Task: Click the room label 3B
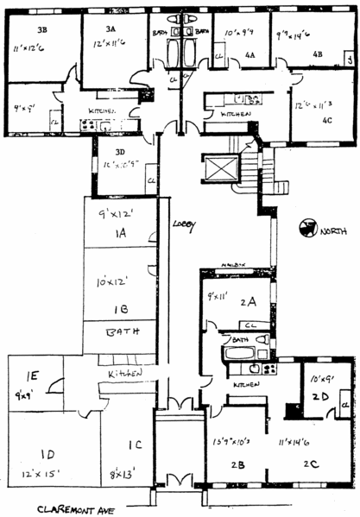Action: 41,28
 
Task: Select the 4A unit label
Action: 249,54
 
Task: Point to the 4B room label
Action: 317,54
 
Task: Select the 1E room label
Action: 31,376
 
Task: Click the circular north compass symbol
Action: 304,229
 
